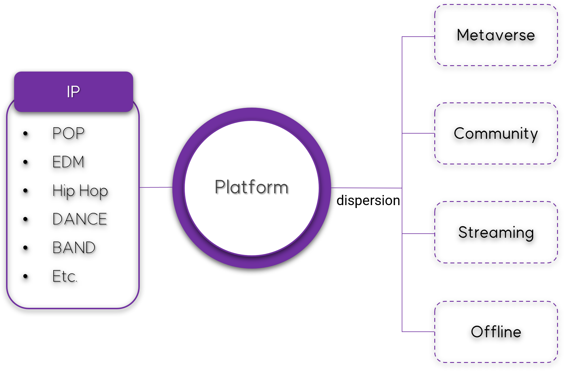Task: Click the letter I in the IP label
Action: point(68,92)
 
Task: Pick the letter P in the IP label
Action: point(76,92)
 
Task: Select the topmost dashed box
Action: point(496,35)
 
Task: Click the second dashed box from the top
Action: point(496,133)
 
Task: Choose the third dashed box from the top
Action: point(496,232)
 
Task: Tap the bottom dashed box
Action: point(496,332)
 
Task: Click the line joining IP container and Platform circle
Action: point(156,187)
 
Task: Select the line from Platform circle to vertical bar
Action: point(366,188)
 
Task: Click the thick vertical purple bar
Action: point(415,202)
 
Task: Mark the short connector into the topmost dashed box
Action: point(431,37)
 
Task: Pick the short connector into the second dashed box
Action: point(431,133)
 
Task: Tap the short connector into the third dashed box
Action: point(431,233)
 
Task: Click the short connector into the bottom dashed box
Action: point(431,332)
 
